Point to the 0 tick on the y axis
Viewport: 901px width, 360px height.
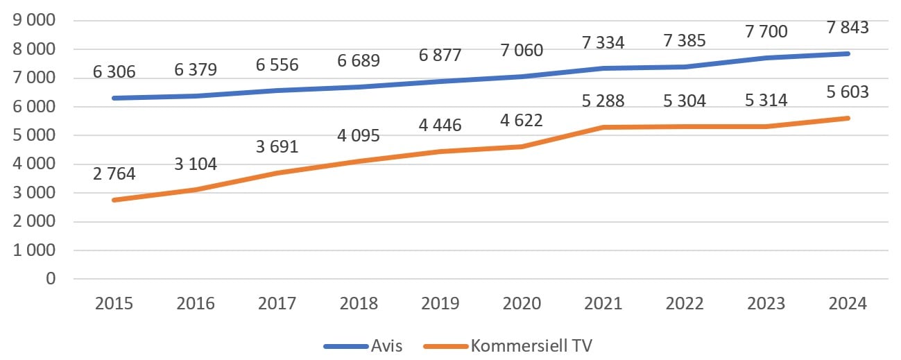tap(49, 279)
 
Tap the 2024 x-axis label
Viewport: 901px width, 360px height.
tap(848, 304)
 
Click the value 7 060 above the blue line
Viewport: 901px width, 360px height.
tap(522, 51)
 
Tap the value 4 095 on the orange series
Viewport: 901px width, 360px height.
tap(358, 136)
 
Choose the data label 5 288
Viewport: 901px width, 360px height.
tap(603, 101)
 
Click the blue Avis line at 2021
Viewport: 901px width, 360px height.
tap(603, 68)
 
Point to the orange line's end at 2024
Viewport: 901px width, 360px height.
tap(848, 118)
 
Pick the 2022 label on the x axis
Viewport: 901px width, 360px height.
tap(685, 304)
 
